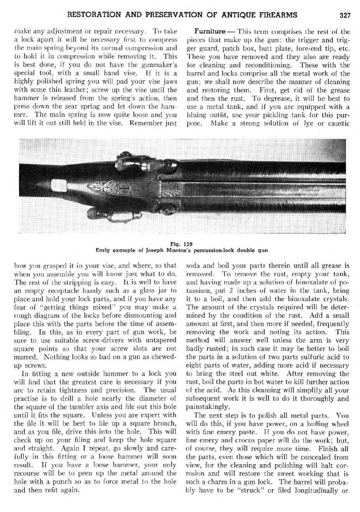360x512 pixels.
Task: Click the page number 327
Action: [345, 16]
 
